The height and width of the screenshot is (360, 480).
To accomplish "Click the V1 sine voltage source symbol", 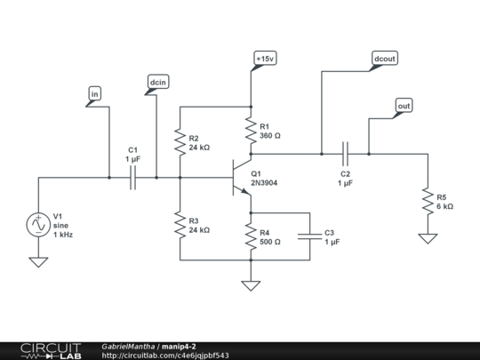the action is coord(38,225).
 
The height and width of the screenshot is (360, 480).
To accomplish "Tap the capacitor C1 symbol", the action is coord(132,178).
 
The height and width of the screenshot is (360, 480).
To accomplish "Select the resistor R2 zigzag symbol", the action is coord(180,142).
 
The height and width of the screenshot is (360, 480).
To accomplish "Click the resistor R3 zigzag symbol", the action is coord(180,225).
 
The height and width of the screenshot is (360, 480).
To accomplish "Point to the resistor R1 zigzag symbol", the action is coord(251,131).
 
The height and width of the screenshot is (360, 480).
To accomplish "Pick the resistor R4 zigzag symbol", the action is coord(251,236).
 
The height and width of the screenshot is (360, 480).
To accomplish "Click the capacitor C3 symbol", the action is coord(310,236).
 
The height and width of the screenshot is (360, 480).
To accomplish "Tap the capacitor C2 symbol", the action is coord(345,154).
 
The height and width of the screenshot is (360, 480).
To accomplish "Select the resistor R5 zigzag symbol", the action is coord(428,201).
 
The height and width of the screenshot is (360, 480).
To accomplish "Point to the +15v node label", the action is coord(265,58).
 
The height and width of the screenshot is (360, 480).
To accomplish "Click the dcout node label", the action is coord(385,58).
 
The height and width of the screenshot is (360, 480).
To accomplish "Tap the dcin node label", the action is coord(158,82).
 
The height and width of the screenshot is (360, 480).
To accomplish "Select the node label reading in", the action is coord(94,93).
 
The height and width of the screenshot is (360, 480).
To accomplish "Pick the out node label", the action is coord(404,106).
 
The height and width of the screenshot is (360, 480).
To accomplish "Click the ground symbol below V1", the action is coord(38,262).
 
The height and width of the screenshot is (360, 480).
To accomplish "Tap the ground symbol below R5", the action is coord(428,238).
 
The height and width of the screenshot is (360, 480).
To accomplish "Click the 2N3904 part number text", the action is coord(264,183).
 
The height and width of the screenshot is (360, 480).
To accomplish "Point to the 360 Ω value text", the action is coord(270,136).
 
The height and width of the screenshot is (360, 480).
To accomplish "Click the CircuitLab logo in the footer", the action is coord(51,351).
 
